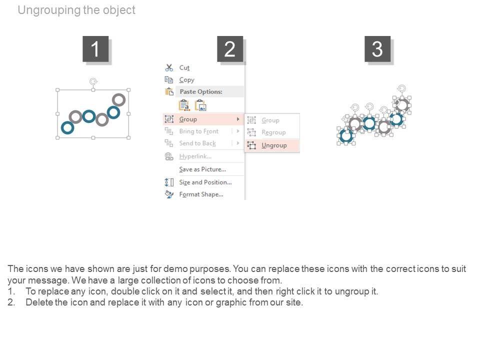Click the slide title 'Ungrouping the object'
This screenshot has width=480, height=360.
tap(76, 10)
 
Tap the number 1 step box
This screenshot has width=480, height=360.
tap(95, 49)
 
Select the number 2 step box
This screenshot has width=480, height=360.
tap(230, 49)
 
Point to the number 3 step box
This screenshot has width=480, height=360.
tap(377, 49)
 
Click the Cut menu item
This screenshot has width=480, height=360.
tap(184, 67)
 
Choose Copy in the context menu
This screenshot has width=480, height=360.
tap(186, 80)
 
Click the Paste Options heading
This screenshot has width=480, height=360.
tap(201, 91)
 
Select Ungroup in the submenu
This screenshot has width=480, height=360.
tap(274, 145)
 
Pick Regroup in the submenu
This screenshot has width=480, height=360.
tap(273, 132)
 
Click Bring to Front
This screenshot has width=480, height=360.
tap(198, 131)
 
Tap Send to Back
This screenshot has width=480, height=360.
tap(197, 143)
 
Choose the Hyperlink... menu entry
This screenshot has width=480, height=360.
tap(195, 156)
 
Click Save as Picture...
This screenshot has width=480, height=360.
tap(202, 169)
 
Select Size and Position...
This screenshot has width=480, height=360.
tap(205, 182)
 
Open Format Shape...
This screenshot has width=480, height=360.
tap(201, 194)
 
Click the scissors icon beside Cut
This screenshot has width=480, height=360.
tap(169, 67)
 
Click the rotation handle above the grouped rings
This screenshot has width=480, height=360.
tap(93, 81)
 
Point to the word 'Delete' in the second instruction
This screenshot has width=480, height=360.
tap(39, 302)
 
